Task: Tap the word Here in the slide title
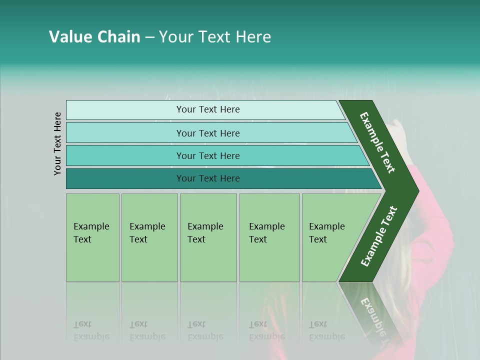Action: (253, 37)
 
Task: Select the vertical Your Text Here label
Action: (57, 143)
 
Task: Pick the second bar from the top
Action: (208, 133)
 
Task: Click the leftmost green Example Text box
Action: (92, 237)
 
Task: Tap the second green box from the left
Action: (149, 237)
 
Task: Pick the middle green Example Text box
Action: (208, 237)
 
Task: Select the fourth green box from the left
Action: (269, 237)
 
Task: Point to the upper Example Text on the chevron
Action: (377, 143)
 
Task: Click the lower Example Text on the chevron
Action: (378, 236)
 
